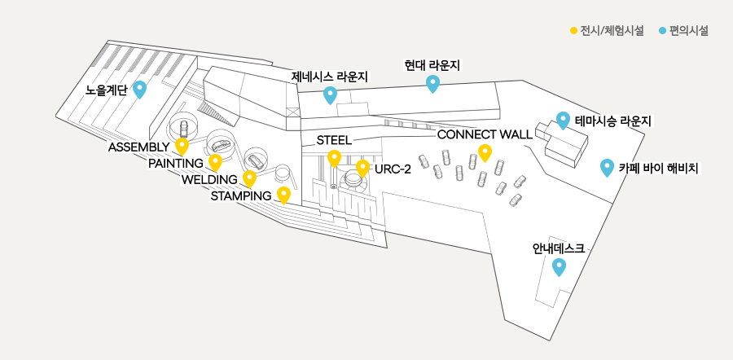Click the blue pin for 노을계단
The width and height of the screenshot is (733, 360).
[x=140, y=90]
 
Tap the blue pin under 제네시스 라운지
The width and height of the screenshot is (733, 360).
[x=331, y=95]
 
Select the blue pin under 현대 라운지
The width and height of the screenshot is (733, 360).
[x=433, y=83]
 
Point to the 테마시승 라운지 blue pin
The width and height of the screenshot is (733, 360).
[x=563, y=121]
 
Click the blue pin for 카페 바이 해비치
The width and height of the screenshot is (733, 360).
[x=607, y=168]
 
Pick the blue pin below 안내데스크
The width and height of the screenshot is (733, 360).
[x=559, y=267]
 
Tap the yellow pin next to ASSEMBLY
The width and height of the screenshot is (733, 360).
[x=182, y=147]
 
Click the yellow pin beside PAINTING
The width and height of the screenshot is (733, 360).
[x=215, y=162]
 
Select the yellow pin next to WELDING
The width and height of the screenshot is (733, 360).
[x=250, y=178]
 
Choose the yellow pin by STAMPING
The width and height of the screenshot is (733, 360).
[x=283, y=195]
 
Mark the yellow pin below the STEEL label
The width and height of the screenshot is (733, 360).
[x=334, y=159]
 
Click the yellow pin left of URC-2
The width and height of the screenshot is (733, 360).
[x=362, y=169]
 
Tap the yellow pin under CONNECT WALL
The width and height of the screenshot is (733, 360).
[x=485, y=153]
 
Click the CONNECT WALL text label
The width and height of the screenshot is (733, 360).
[x=485, y=134]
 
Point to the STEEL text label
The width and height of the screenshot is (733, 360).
[x=334, y=140]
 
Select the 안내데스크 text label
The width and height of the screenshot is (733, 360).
[x=559, y=248]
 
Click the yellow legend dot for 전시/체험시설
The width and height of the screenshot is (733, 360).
[x=573, y=31]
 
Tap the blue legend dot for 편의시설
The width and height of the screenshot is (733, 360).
[x=662, y=31]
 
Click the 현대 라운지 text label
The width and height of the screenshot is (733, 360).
[x=432, y=65]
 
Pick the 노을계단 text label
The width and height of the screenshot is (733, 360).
[x=106, y=90]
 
